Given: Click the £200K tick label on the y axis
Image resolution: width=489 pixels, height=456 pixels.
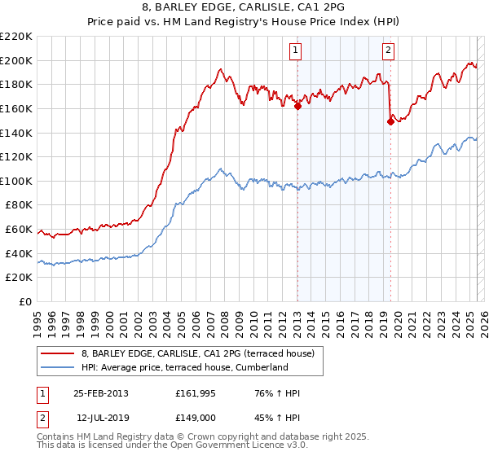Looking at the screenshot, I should tap(16, 60).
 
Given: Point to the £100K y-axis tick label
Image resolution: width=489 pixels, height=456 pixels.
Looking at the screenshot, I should tap(16, 181).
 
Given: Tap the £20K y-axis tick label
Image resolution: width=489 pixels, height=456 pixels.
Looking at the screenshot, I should tap(19, 278).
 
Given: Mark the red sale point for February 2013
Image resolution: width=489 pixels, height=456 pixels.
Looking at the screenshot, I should tap(297, 105).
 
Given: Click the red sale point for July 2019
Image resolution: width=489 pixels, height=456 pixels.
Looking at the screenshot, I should tap(390, 121).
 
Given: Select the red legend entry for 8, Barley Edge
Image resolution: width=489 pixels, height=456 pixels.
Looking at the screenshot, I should tap(203, 353).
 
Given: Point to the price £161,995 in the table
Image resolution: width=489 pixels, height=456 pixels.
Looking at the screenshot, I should tap(192, 393).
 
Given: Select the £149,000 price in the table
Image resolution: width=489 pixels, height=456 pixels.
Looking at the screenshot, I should tap(192, 418).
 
